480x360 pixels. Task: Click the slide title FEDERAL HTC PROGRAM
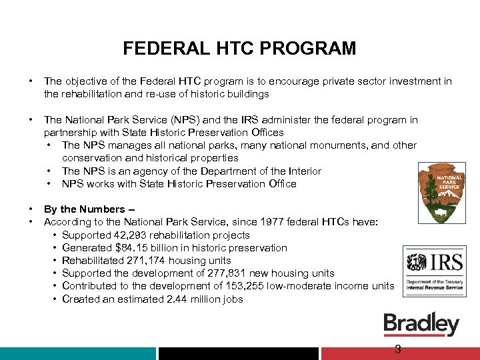239,49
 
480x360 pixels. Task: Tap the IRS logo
434,271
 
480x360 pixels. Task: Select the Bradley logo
421,324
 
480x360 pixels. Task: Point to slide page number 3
397,349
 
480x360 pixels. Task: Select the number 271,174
149,260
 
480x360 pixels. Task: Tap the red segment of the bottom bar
400,353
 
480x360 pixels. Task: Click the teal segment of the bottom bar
78,353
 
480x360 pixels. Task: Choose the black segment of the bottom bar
239,353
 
